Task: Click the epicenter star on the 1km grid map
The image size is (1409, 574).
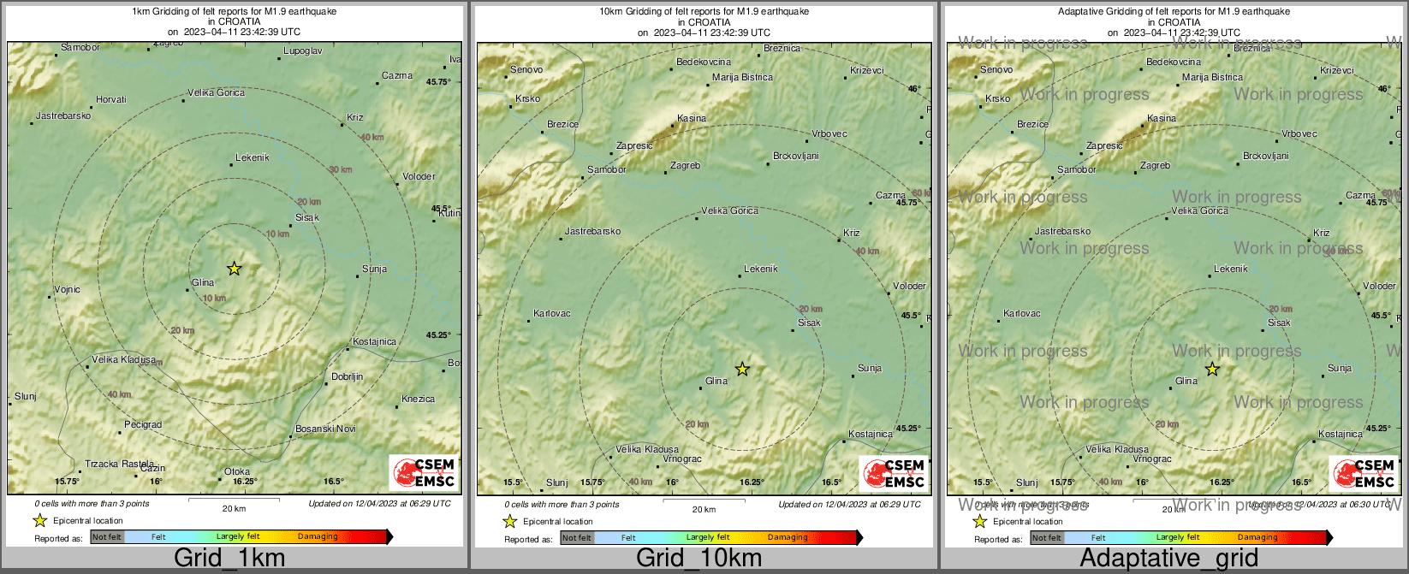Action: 235,269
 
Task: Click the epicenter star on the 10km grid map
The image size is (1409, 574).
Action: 742,369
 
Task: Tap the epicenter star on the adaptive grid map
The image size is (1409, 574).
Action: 1212,369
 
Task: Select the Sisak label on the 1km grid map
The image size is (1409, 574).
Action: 306,217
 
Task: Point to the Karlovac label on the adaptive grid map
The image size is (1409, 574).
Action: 1022,313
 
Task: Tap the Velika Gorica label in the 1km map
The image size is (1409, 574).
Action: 216,92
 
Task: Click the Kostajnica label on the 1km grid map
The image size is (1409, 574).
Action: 374,341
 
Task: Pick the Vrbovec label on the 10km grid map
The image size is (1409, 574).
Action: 829,133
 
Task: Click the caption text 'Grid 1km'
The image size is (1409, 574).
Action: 229,559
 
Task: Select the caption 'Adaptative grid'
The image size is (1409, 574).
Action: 1168,559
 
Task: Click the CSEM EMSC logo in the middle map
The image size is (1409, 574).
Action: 894,473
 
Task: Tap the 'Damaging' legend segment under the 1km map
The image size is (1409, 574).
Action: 318,536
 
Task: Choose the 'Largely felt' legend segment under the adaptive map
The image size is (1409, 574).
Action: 1177,537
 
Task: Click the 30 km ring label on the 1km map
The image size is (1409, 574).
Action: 341,169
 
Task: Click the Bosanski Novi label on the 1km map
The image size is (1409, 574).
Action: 325,429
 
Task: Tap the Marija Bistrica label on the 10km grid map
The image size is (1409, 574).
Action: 742,77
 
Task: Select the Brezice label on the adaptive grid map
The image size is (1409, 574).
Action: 1032,124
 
